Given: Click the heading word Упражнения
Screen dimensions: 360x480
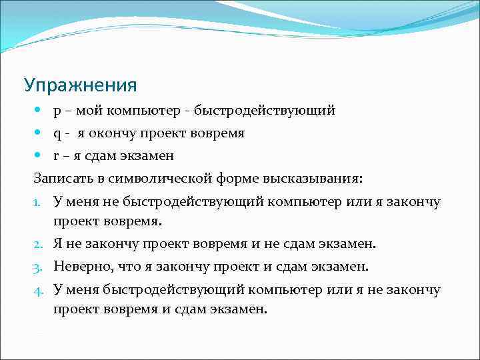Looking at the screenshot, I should click(x=80, y=85).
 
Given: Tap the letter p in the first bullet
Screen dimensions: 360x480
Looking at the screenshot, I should click(x=57, y=112).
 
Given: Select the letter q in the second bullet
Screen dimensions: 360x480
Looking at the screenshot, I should click(x=57, y=135).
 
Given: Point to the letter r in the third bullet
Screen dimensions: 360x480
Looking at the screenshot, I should click(x=57, y=156).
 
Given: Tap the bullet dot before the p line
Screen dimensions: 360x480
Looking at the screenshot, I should click(x=41, y=110).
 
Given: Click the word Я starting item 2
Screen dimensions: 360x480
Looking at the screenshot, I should click(x=59, y=244).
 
